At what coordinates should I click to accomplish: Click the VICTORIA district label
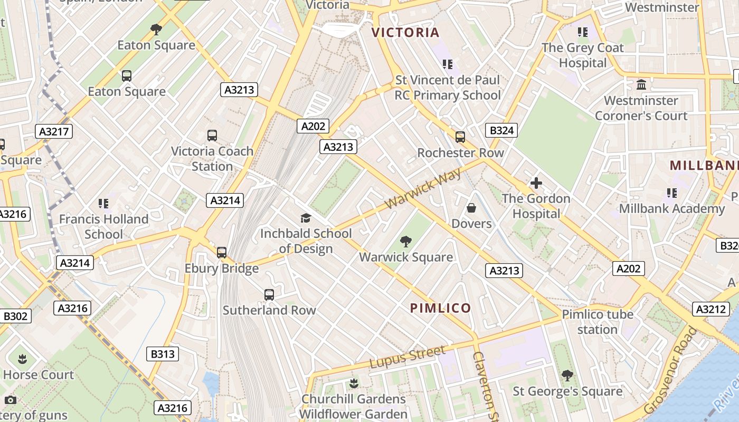(405, 33)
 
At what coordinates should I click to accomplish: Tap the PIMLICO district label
(440, 308)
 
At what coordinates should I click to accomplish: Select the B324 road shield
(501, 130)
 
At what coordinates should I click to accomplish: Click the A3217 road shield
(54, 131)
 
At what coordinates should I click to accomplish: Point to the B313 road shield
(162, 354)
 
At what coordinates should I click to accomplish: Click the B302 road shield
(15, 316)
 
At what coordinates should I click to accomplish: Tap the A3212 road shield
(710, 309)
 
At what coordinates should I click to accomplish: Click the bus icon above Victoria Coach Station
(212, 136)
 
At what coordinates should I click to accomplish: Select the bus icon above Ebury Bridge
(222, 253)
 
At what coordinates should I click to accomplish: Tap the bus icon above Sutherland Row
(269, 295)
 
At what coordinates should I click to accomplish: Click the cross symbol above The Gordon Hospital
(536, 183)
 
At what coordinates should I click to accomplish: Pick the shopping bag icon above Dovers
(471, 208)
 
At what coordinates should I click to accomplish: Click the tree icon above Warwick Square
(405, 242)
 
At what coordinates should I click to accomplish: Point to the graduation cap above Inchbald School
(305, 218)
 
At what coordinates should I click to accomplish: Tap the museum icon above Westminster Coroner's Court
(641, 84)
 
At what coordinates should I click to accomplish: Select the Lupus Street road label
(407, 357)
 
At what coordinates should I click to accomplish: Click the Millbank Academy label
(672, 208)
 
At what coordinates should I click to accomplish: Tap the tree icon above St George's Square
(567, 376)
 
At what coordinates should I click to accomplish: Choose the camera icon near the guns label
(10, 400)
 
